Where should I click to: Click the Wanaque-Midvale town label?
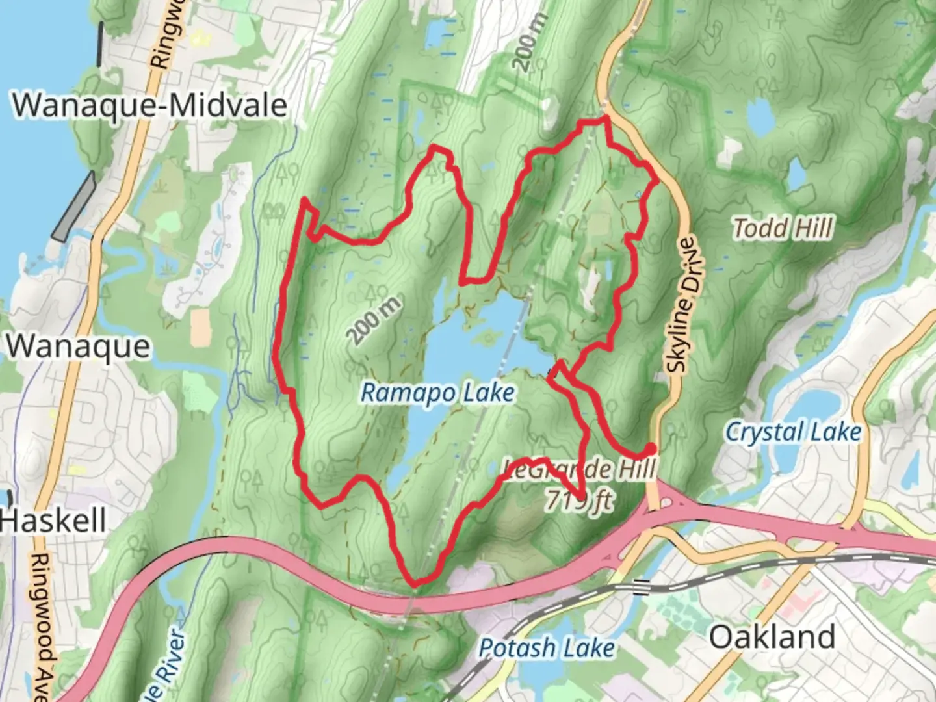149,105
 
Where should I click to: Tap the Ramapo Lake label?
437,393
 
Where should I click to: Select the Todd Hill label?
783,229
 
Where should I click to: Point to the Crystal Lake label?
793,432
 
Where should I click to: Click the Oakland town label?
772,637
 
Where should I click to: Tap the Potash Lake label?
547,648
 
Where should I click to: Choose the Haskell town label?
53,521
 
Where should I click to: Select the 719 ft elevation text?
579,500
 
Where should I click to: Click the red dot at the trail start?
649,448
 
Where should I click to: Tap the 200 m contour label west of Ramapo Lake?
374,320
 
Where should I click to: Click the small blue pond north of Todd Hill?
759,118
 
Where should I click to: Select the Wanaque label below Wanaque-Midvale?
78,346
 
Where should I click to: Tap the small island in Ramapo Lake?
487,336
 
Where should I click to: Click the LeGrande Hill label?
578,468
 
